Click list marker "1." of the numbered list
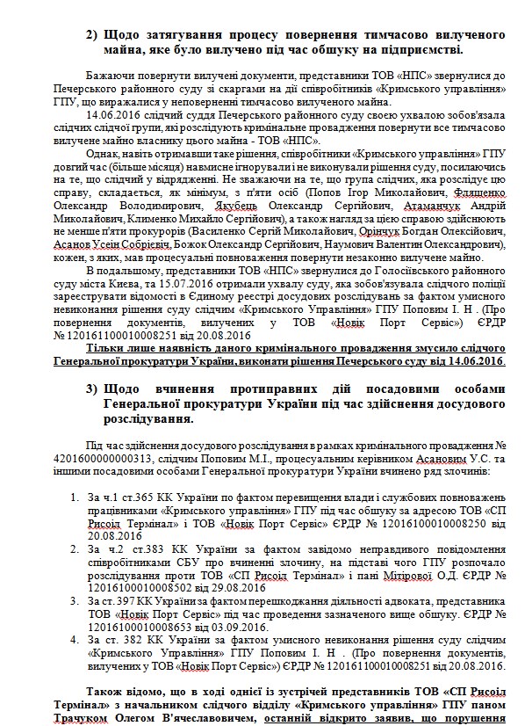pos(77,498)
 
